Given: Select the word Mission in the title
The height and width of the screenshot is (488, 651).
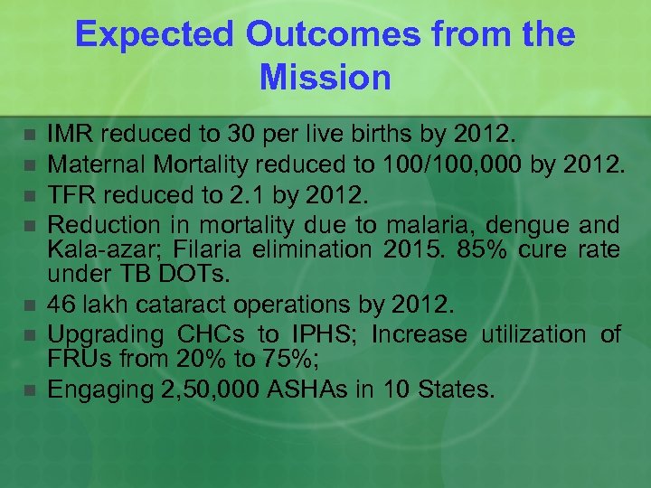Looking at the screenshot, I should click(325, 77).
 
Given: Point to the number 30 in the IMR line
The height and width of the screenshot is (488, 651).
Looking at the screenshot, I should click(238, 136).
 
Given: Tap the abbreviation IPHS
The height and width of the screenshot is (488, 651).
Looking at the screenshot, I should click(306, 334).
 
